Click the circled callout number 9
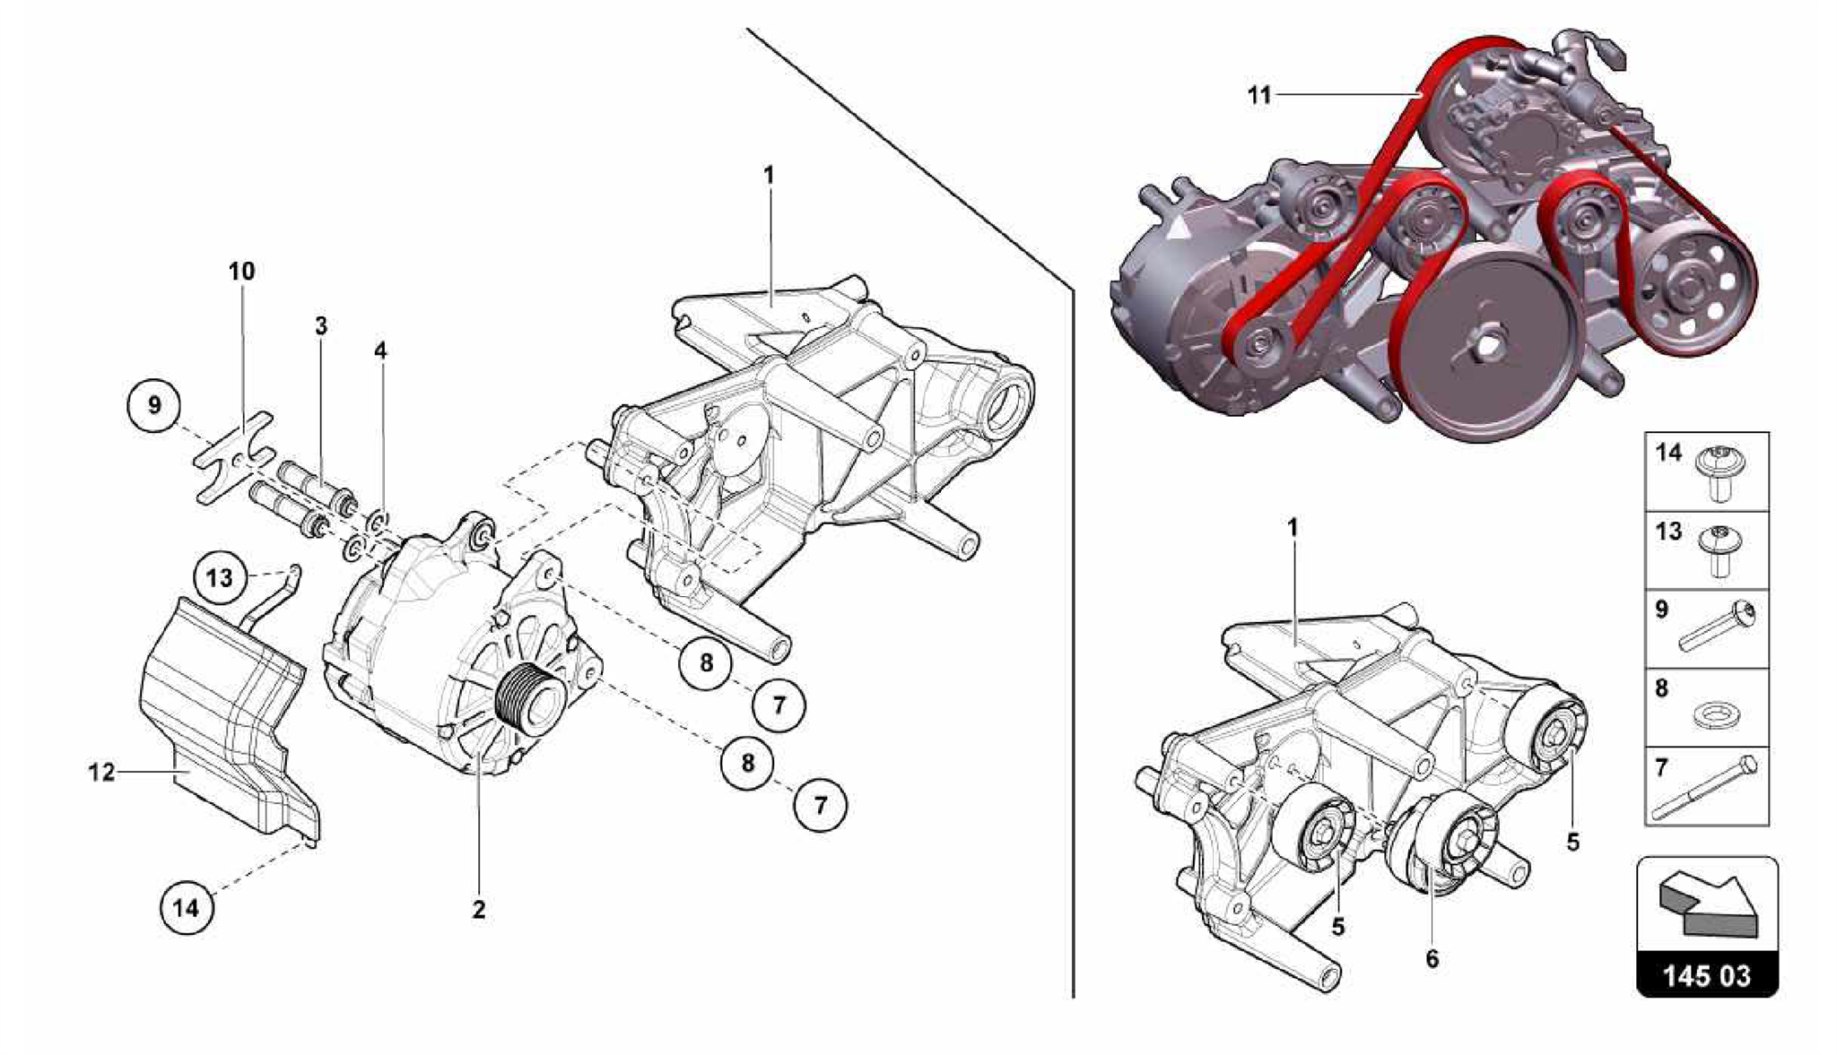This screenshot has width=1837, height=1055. tap(154, 405)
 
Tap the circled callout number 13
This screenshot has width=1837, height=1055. tap(219, 577)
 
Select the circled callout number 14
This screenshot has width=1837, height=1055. tap(186, 908)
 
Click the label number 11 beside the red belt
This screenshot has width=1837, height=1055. tap(1259, 95)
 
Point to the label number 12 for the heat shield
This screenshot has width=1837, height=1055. tap(101, 771)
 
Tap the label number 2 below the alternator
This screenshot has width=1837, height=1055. tap(479, 909)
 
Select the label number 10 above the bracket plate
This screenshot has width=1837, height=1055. tap(241, 271)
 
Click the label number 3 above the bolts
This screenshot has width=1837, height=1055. tap(321, 326)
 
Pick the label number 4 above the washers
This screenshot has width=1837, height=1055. tap(380, 350)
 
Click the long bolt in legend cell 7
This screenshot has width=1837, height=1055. tap(1704, 789)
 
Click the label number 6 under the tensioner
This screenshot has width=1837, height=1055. tap(1432, 958)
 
